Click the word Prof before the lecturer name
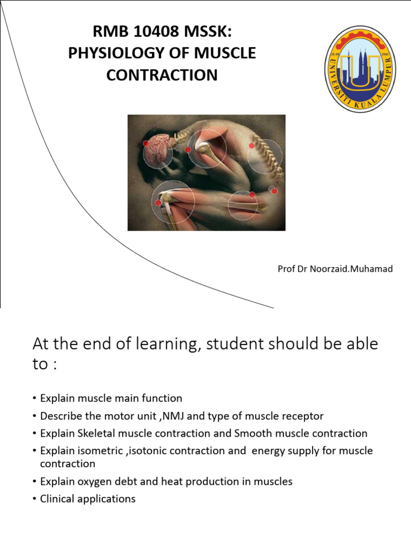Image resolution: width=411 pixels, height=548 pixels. [286, 269]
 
